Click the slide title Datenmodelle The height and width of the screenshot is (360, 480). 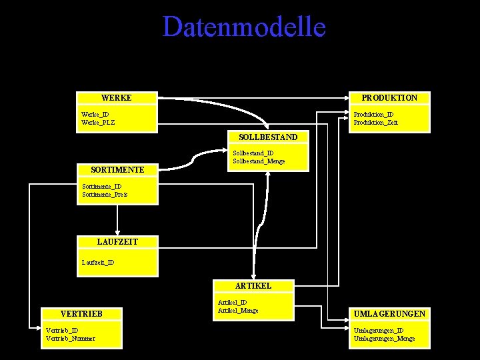tap(244, 27)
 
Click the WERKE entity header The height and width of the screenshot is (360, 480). tap(117, 98)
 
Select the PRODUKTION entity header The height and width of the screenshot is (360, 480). tap(389, 98)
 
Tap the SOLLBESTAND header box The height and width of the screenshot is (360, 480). tap(268, 137)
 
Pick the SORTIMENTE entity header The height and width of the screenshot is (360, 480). tap(117, 170)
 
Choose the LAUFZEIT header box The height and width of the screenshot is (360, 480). tap(117, 241)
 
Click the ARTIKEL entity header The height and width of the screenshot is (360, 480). tap(253, 285)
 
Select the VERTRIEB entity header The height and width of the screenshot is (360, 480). tap(81, 313)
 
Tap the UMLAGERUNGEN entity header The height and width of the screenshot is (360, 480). tap(390, 313)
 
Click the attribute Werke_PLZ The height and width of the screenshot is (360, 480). tap(98, 123)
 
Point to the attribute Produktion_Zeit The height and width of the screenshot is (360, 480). tap(375, 123)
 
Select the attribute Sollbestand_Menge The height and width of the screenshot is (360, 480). tap(259, 161)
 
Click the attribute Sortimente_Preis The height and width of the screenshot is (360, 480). tap(104, 195)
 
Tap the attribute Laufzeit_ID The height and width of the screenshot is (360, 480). tap(98, 262)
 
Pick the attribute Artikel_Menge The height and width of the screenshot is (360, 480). tap(238, 310)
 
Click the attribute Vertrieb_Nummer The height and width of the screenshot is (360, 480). tap(70, 338)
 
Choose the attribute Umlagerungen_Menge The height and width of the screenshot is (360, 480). tap(384, 338)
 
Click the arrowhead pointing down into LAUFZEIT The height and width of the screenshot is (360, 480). tap(117, 233)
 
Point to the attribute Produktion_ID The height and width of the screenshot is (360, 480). tap(373, 115)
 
